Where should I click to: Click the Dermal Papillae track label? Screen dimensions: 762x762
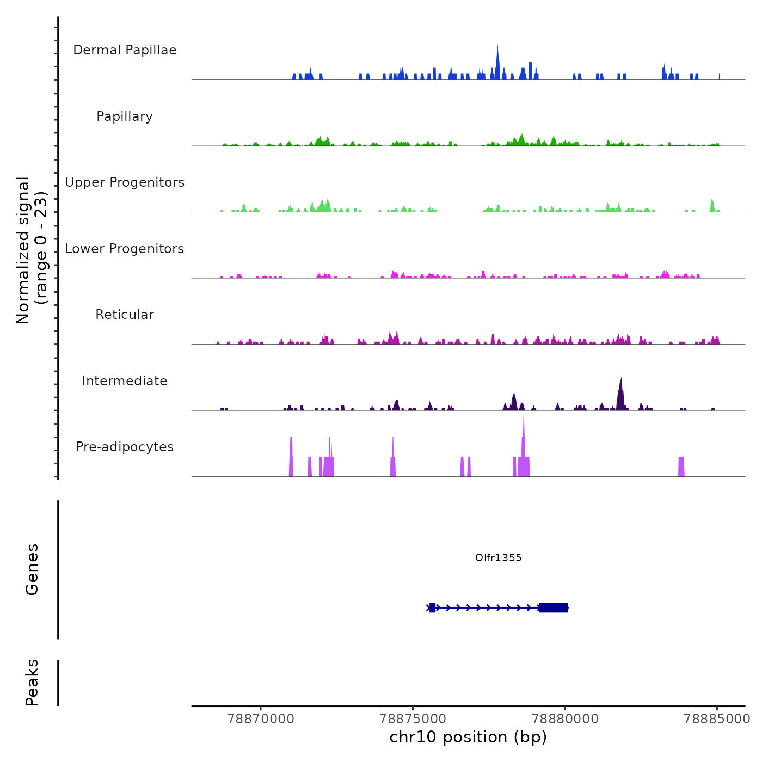click(125, 50)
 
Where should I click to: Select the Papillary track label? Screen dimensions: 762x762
click(125, 116)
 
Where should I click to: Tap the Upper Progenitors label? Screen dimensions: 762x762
click(125, 182)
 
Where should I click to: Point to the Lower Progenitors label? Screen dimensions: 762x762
click(125, 249)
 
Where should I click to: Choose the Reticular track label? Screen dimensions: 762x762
click(125, 315)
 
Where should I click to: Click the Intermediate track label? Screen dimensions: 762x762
click(125, 381)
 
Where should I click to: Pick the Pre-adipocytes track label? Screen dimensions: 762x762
click(125, 447)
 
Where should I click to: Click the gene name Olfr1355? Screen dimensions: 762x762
click(498, 557)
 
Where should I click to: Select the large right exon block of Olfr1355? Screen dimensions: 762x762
click(554, 607)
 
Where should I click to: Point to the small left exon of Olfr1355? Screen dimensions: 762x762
click(432, 607)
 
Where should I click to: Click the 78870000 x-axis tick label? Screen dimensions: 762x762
click(261, 719)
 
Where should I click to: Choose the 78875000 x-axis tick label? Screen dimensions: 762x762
click(413, 719)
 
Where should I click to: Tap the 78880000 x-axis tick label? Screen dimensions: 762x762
click(565, 719)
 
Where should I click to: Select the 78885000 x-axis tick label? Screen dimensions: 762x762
click(717, 719)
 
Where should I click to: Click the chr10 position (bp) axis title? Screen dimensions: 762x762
click(468, 737)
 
